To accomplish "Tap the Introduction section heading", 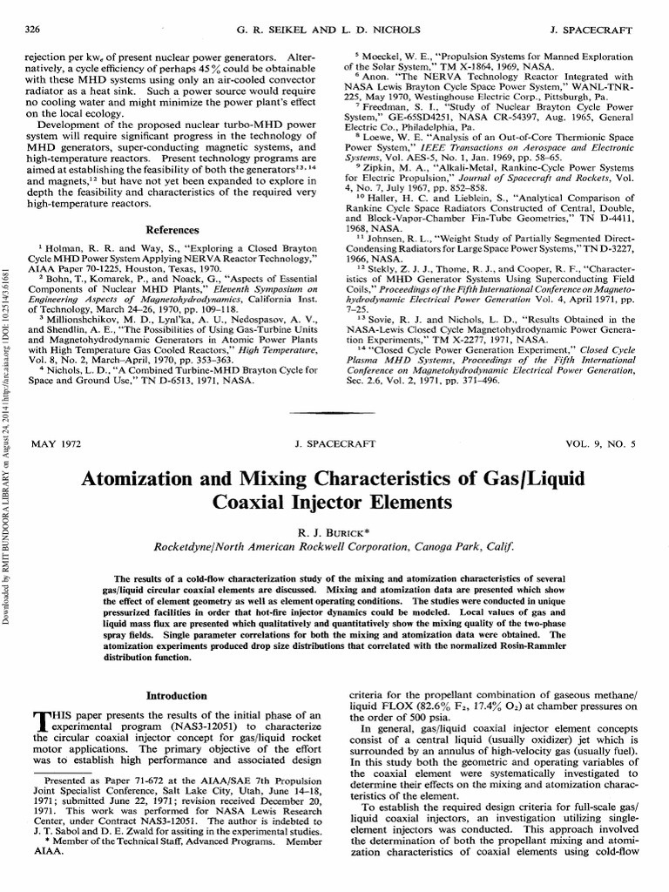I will tap(170, 696).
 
